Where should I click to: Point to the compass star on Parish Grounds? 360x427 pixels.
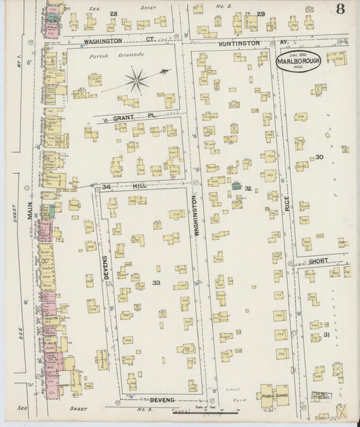(136, 82)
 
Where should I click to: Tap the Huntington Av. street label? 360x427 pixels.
(238, 43)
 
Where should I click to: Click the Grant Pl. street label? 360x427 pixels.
(124, 117)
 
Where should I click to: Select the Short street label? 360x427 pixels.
(319, 261)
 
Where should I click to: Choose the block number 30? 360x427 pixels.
(319, 157)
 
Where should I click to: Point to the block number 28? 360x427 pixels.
(113, 14)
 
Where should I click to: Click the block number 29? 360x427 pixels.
(261, 14)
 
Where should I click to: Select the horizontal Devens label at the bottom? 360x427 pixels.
(162, 400)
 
